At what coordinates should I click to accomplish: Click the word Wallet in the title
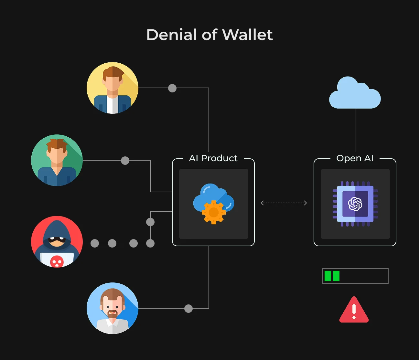[x=247, y=35]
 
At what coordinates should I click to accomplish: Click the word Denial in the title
[x=172, y=35]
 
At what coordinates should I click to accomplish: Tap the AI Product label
[x=213, y=158]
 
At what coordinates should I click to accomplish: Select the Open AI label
[x=355, y=158]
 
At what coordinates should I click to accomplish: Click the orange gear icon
[x=213, y=212]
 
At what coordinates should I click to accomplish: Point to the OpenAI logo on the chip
[x=355, y=204]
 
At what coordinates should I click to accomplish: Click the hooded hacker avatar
[x=57, y=242]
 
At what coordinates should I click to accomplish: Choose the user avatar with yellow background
[x=113, y=88]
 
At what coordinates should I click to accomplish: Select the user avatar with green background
[x=57, y=160]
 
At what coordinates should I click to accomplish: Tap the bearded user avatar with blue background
[x=113, y=308]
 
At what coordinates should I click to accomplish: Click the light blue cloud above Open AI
[x=355, y=92]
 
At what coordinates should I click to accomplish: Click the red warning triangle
[x=354, y=310]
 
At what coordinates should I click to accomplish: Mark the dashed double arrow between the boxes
[x=284, y=203]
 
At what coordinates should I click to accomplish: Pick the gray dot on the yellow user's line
[x=172, y=88]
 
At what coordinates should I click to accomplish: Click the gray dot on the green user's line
[x=125, y=161]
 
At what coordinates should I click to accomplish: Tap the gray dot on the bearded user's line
[x=188, y=309]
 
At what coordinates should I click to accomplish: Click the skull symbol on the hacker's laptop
[x=57, y=261]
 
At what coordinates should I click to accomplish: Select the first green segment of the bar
[x=328, y=276]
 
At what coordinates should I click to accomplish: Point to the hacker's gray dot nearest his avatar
[x=95, y=243]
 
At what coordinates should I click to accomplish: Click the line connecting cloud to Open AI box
[x=356, y=130]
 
